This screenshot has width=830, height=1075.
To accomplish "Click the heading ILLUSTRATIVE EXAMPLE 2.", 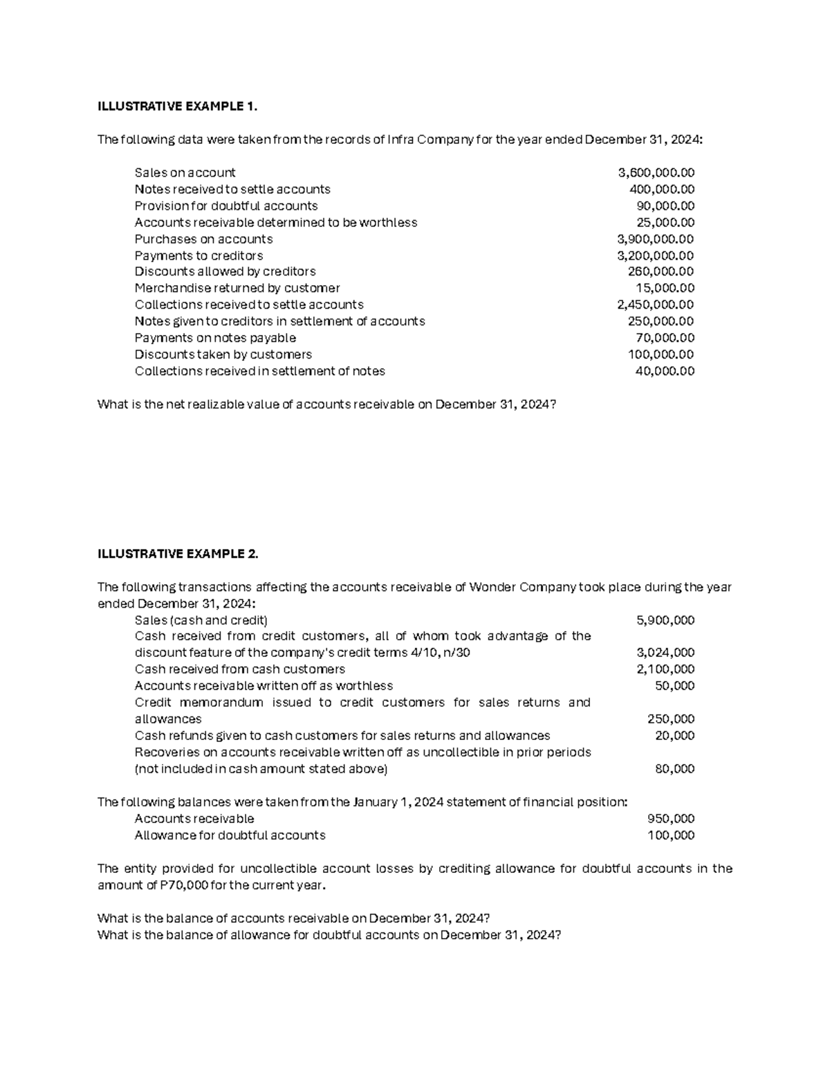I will point(178,554).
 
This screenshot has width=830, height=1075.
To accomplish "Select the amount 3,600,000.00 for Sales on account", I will point(656,172).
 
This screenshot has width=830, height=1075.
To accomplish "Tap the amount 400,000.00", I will point(661,189).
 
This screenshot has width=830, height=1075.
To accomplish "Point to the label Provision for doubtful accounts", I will point(226,206).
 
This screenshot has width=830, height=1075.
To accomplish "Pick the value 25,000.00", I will point(665,222).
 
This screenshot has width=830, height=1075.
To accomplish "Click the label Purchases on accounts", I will point(203,239).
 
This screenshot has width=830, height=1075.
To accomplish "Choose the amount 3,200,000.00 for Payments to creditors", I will point(656,255).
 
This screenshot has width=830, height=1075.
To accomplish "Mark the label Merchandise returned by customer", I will point(237,288).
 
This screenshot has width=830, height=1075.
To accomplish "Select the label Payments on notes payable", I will point(215,338).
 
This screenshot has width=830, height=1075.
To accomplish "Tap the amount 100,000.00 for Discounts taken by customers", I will point(661,354).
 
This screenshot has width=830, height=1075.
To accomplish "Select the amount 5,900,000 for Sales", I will point(665,620).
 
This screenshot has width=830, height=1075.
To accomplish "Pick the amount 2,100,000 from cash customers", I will point(665,669).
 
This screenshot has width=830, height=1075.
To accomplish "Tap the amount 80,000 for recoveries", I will point(674,769).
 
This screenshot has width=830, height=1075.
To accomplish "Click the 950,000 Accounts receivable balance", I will point(670,819).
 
